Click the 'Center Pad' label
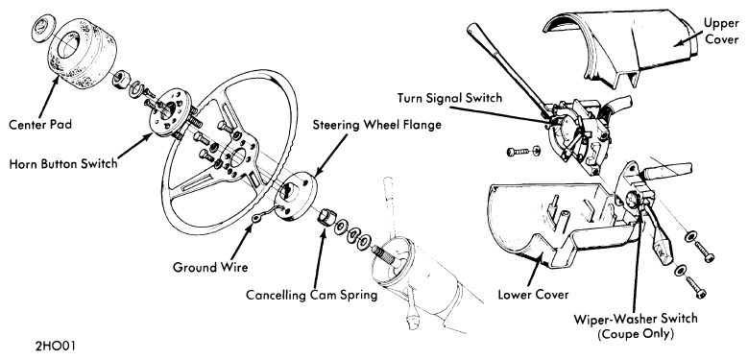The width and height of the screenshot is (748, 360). (39, 125)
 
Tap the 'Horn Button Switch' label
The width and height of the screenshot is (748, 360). (63, 163)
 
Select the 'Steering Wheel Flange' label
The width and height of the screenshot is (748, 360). (376, 125)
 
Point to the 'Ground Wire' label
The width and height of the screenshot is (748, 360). (210, 267)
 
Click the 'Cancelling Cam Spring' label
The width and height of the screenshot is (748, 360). (311, 295)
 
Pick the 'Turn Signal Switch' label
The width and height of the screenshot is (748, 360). (449, 98)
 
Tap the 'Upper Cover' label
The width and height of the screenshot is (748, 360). (722, 31)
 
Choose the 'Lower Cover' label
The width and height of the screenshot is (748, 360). (533, 294)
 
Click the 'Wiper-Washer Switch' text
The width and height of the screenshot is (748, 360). (636, 318)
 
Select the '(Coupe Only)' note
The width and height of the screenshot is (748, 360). (636, 334)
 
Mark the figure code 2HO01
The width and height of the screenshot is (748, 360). (55, 346)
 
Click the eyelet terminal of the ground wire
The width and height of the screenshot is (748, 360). (257, 217)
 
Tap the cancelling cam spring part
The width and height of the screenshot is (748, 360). (326, 217)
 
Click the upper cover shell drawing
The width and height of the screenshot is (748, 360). (620, 47)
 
